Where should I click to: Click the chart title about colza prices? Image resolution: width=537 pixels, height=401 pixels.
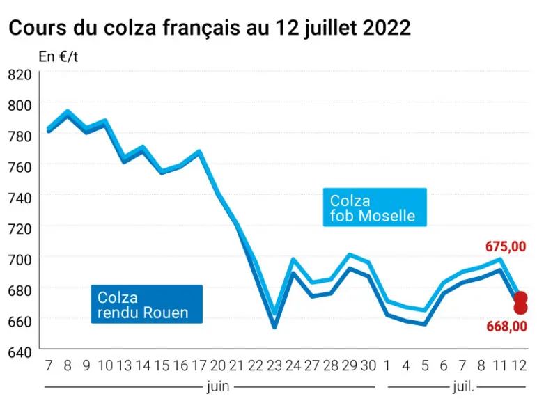click(210, 27)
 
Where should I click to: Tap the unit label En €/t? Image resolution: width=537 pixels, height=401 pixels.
click(59, 56)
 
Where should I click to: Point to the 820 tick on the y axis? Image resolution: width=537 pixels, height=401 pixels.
click(20, 74)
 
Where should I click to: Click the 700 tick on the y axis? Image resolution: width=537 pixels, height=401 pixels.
click(20, 260)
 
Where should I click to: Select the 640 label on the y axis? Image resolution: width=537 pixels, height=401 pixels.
click(20, 352)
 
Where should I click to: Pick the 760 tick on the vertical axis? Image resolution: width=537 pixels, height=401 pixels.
click(20, 167)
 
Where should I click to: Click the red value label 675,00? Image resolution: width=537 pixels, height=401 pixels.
click(506, 246)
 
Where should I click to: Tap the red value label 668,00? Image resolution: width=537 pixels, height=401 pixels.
click(506, 327)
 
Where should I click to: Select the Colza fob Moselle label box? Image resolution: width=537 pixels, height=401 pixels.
click(375, 207)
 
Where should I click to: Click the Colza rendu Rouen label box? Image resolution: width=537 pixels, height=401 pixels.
click(146, 304)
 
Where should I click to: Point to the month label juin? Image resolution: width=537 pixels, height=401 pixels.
click(218, 386)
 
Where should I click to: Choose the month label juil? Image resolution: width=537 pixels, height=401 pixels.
click(463, 386)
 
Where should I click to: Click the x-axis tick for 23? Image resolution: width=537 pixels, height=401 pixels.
click(274, 365)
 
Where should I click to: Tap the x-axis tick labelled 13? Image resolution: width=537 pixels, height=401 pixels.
click(124, 365)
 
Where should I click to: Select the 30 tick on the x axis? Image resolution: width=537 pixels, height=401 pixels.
click(368, 365)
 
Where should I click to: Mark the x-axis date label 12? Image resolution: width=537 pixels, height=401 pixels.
click(519, 365)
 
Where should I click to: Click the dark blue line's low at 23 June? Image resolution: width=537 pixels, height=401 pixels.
click(274, 327)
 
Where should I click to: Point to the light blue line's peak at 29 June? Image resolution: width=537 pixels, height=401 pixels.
click(350, 254)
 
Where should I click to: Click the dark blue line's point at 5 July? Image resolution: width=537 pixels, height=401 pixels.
click(425, 324)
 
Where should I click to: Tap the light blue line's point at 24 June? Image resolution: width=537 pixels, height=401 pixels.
click(293, 259)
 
